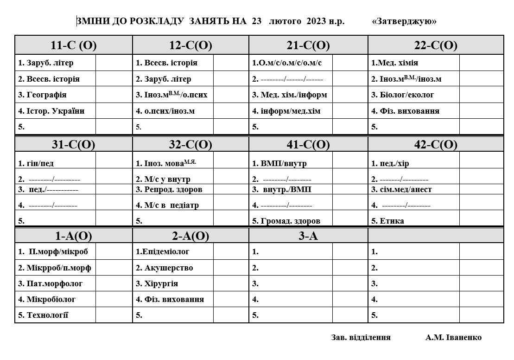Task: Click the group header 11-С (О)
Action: coord(73,45)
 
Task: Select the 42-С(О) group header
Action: coord(435,145)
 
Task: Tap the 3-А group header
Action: coord(308,236)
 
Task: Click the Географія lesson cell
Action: coord(43,95)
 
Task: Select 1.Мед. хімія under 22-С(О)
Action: coord(394,63)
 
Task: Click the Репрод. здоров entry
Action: coord(169,189)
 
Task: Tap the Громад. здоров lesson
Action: coord(286,221)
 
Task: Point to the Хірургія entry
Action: coord(157,283)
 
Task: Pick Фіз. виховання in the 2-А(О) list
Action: coord(170,299)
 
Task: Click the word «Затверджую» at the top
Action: coord(404,21)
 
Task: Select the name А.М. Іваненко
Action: coord(453,337)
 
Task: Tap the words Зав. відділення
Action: coord(361,337)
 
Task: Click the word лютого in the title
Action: coord(285,21)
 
